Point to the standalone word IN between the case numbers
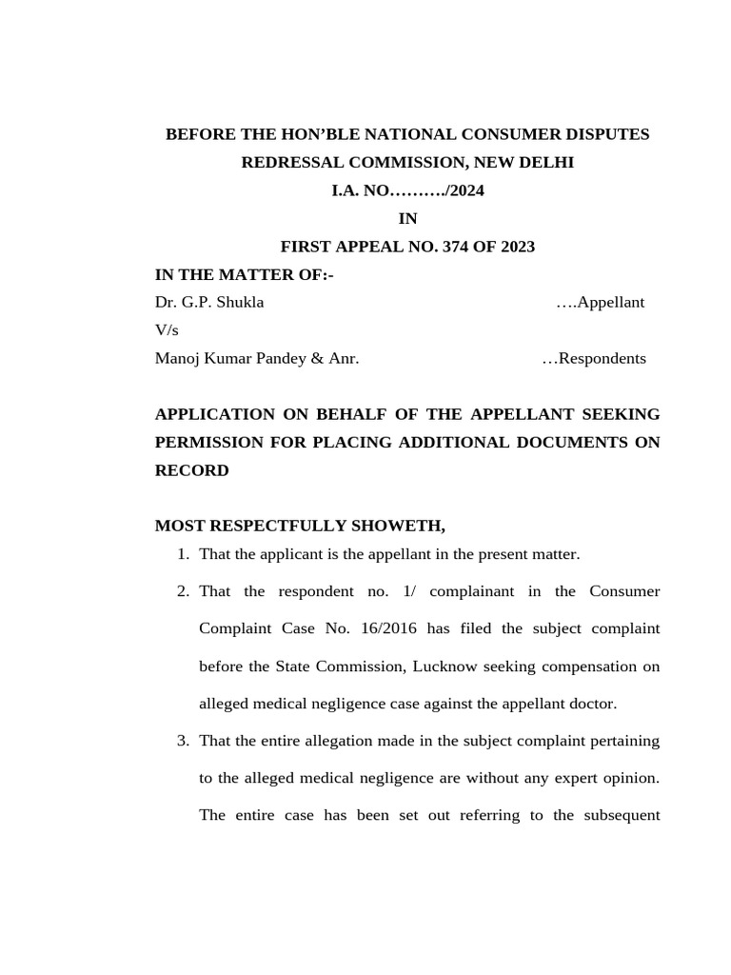407,219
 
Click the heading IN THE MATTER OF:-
245,275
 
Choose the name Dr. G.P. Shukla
209,303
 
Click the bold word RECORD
191,470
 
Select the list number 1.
182,554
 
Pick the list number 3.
182,741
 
